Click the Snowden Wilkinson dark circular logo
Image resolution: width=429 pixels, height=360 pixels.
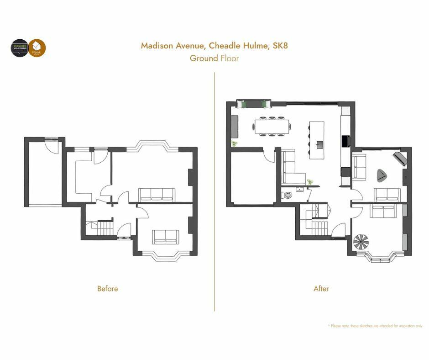point(20,48)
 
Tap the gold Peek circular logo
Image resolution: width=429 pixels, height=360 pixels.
point(37,48)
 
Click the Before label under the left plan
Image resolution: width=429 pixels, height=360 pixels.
point(107,289)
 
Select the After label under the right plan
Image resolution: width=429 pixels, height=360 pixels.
point(321,289)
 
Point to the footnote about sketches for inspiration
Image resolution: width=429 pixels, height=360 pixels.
point(375,326)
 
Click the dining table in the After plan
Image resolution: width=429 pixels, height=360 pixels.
point(272,126)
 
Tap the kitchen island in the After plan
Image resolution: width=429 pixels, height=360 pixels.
point(317,140)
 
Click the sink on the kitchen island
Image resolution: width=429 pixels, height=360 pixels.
point(319,145)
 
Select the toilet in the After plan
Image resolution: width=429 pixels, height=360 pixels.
point(288,195)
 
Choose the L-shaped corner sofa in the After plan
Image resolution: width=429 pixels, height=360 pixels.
point(291,168)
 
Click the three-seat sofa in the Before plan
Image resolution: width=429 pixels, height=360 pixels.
point(157,195)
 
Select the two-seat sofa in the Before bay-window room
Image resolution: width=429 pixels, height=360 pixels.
point(165,236)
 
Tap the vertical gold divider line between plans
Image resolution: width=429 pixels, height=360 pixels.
point(214,192)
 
